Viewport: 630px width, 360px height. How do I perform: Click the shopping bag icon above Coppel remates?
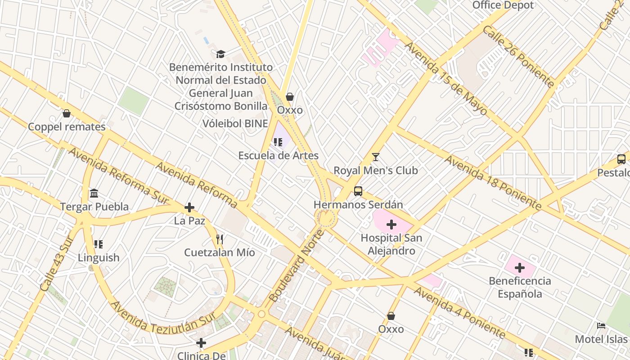tap(67, 113)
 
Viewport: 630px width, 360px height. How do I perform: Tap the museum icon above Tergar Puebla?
tap(94, 193)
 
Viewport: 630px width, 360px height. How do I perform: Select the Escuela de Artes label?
tap(278, 156)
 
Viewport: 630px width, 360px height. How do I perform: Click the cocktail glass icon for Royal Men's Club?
tap(376, 157)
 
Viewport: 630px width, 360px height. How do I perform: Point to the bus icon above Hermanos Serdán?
tap(358, 191)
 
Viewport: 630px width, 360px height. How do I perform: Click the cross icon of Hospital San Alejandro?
tap(391, 224)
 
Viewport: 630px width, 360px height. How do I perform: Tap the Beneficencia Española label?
tap(520, 287)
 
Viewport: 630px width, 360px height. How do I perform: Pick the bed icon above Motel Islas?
tap(601, 326)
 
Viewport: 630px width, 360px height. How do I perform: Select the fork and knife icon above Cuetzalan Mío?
tap(220, 239)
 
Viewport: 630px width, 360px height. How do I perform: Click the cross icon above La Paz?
tap(189, 207)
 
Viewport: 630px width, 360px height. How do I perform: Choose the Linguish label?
tap(99, 258)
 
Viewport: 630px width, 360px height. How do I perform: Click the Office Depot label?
tap(503, 5)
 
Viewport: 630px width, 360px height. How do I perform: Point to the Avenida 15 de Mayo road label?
tap(445, 79)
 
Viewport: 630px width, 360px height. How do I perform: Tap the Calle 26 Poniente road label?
tap(518, 56)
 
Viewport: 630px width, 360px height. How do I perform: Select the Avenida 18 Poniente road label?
tap(493, 183)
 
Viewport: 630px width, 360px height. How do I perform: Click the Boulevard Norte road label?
tap(297, 265)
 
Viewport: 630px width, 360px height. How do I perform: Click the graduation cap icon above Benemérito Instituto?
tap(220, 54)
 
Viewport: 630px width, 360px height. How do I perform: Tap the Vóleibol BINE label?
tap(235, 124)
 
